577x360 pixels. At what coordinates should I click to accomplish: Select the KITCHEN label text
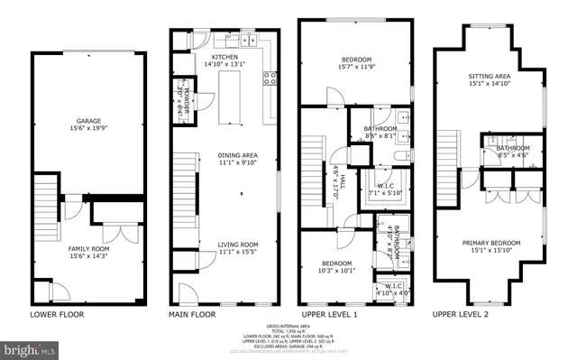click(x=225, y=57)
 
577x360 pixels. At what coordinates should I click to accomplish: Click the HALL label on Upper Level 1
click(x=339, y=180)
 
